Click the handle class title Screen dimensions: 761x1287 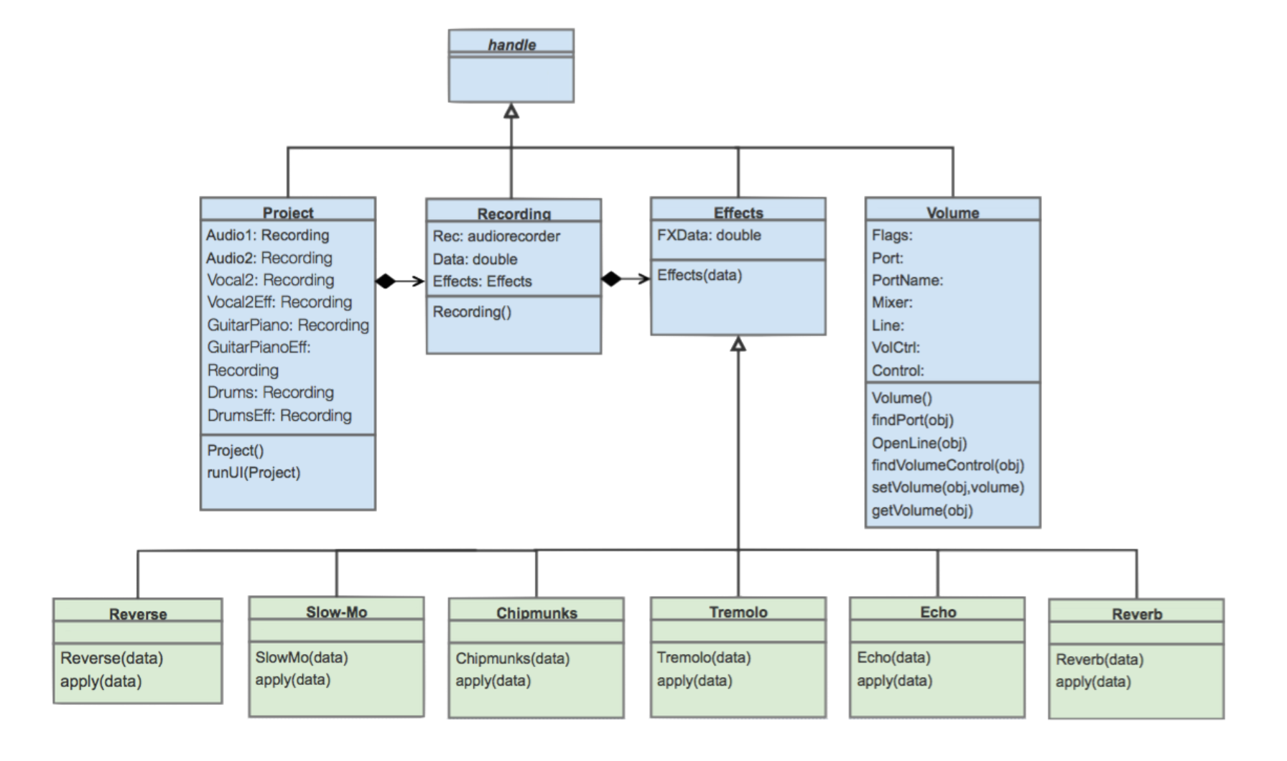tap(511, 45)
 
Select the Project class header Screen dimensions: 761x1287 tap(287, 213)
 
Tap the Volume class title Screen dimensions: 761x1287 tap(952, 213)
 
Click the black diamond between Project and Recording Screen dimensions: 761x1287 tap(386, 281)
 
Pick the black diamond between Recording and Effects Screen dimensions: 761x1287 tap(611, 279)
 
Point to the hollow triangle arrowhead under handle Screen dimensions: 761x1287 tap(511, 111)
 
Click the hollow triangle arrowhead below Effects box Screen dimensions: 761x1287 tap(738, 345)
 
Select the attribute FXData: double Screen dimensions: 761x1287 tap(709, 235)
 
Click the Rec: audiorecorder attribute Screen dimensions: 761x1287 tap(496, 236)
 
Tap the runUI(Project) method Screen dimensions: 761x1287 tap(254, 472)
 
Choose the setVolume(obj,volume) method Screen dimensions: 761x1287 tap(947, 487)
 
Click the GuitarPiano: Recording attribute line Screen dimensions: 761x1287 tap(288, 325)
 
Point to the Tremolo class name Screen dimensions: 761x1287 tap(738, 612)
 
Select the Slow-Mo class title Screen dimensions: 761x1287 tap(336, 612)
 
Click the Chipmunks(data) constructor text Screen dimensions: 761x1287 tap(512, 658)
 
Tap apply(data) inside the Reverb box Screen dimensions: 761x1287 tap(1092, 682)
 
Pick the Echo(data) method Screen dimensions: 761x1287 tap(893, 658)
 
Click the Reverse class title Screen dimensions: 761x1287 tap(138, 615)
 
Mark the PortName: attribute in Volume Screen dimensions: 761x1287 tap(907, 280)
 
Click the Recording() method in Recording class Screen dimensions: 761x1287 tap(472, 312)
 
